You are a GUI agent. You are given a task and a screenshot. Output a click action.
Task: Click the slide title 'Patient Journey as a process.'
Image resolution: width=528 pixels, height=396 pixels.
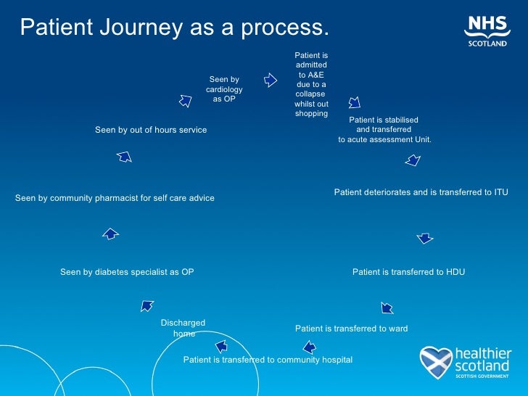pos(174,28)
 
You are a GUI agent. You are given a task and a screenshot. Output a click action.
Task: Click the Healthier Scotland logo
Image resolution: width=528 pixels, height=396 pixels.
pos(466,362)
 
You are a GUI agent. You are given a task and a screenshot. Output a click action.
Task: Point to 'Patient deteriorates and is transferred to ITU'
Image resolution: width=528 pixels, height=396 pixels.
pos(421,192)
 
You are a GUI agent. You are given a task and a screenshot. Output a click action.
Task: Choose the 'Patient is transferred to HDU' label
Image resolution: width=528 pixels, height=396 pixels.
pos(408,272)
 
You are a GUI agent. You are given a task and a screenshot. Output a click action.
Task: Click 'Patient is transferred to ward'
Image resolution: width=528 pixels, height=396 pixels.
pos(351,329)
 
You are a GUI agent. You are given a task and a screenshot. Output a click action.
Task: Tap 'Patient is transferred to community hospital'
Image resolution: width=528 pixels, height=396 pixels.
pos(268,360)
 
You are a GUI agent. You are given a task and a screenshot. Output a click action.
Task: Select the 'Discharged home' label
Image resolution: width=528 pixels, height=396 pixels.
pos(183,328)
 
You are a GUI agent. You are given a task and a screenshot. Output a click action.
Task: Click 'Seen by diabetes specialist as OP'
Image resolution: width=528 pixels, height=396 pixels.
pos(127,272)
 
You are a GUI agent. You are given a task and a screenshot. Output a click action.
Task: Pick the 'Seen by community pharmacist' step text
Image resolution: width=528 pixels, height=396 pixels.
pos(115,198)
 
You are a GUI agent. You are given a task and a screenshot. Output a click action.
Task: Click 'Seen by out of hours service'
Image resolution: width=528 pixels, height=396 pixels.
pos(151,130)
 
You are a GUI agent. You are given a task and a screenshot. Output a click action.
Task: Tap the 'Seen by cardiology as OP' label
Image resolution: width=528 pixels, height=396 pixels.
pos(224,89)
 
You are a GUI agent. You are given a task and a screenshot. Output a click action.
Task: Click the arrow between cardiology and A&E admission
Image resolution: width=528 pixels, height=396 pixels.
pos(270,80)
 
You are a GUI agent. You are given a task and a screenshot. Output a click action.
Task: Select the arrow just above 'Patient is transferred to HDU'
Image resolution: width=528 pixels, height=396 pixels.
pos(425,238)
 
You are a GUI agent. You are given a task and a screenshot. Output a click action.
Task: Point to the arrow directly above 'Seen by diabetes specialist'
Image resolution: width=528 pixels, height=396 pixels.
pos(110,234)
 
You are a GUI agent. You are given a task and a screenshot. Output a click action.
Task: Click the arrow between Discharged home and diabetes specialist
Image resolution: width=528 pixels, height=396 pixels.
pos(147,305)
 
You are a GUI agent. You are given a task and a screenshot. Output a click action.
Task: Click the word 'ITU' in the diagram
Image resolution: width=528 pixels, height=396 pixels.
pos(501,192)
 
